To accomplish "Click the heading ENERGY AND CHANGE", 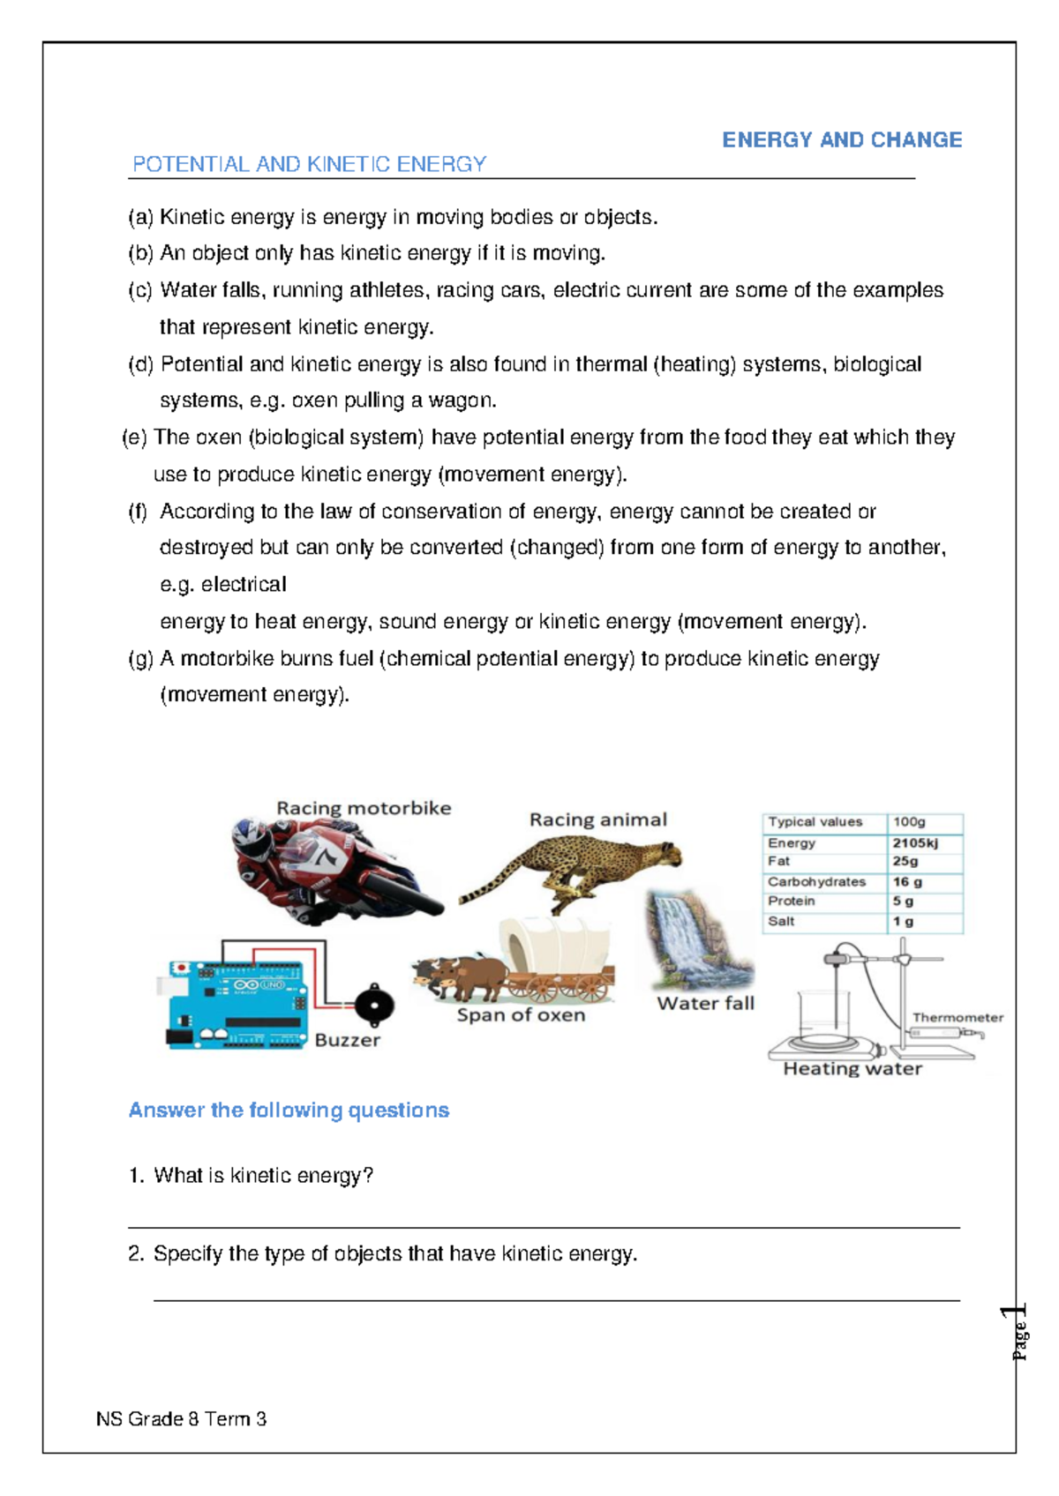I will coord(841,140).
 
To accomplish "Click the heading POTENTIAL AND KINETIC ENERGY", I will coord(309,164).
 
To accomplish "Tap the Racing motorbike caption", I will coord(364,808).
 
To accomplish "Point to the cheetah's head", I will coord(667,853).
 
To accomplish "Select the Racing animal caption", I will coord(597,819).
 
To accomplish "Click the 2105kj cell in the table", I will coord(914,842).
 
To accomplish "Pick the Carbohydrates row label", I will coord(816,881).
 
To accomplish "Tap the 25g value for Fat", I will coord(905,861).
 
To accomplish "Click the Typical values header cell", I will coord(815,821).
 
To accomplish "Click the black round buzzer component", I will coord(373,1004).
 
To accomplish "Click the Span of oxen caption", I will coord(521,1015).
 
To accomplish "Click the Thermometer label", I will coord(958,1017).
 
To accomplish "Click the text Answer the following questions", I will coord(289,1110).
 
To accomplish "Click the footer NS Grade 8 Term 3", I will coord(181,1419).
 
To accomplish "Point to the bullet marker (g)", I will coord(140,659).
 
